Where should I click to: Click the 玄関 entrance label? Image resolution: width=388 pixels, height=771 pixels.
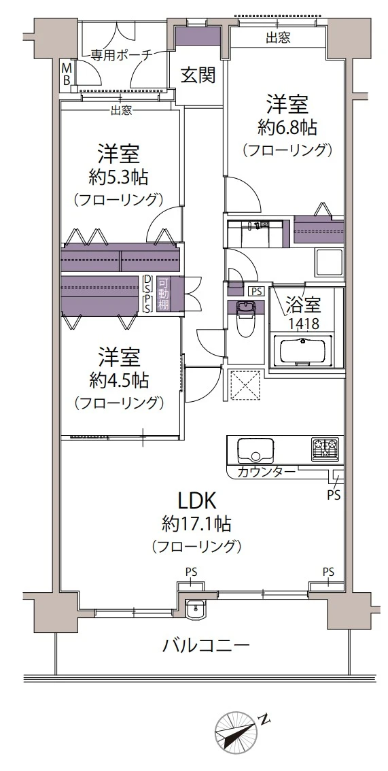[x=198, y=75]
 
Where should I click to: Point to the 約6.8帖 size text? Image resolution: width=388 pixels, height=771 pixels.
[x=288, y=127]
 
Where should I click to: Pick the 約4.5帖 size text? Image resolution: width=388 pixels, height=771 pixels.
[x=119, y=379]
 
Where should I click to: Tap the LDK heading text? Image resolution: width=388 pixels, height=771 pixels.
[x=197, y=501]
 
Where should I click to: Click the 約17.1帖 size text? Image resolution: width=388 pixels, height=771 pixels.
[x=197, y=524]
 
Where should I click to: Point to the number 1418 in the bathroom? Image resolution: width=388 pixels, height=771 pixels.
[x=302, y=324]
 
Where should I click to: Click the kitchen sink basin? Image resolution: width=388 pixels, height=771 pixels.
[x=255, y=449]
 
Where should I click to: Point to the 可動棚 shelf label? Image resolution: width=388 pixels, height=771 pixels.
[x=163, y=294]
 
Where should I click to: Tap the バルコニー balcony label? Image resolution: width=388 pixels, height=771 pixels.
[x=207, y=645]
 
